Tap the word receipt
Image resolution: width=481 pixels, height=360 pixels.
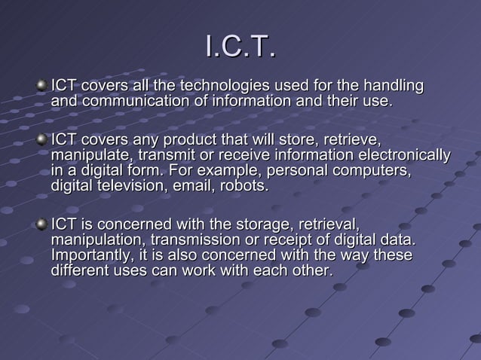(x=305, y=239)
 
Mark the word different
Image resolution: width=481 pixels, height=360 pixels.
(x=78, y=270)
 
